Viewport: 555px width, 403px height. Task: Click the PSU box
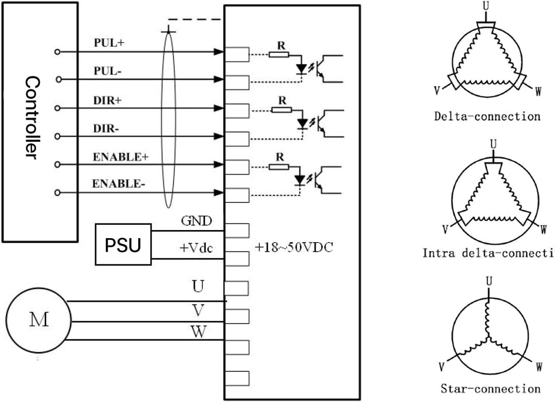[x=123, y=244]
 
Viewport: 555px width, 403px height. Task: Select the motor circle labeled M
[x=38, y=319]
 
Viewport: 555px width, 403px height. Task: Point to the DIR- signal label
[x=106, y=129]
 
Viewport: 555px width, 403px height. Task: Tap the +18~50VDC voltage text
[x=294, y=247]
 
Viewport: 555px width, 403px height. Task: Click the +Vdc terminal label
[x=196, y=248]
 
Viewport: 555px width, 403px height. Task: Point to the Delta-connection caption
[x=487, y=116]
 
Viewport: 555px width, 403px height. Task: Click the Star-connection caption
[x=490, y=389]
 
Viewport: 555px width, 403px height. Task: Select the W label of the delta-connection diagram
[x=538, y=92]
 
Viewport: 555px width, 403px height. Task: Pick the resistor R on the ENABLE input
[x=281, y=167]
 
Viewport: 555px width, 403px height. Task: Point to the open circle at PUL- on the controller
[x=59, y=80]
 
